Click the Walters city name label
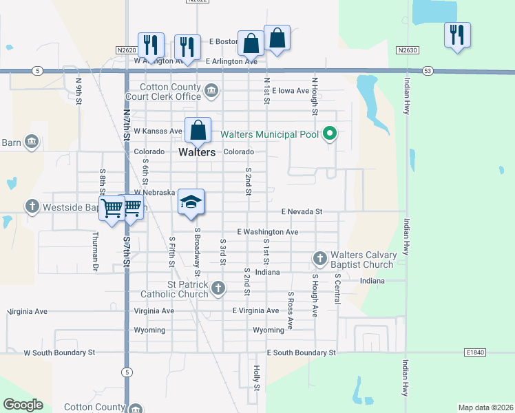tap(198, 152)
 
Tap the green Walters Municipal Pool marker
tap(329, 134)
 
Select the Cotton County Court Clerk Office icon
tap(211, 89)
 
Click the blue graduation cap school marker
tap(191, 201)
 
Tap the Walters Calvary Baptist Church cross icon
tap(319, 258)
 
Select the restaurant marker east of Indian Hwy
tap(457, 34)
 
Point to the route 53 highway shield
tap(428, 70)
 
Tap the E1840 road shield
tap(475, 352)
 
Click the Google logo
tap(23, 404)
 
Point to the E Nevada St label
tap(302, 212)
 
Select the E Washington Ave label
tap(268, 232)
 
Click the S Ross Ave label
tap(291, 311)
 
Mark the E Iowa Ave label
tap(291, 90)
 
